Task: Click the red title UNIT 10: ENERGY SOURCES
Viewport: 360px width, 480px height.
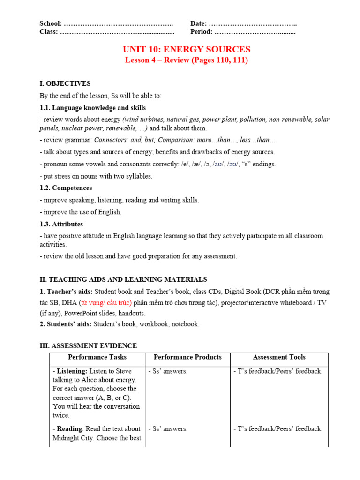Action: click(x=186, y=49)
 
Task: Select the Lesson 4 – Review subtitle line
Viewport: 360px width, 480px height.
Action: click(x=186, y=60)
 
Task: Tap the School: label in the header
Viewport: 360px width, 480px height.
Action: click(x=51, y=23)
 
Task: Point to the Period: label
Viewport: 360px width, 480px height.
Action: click(x=202, y=32)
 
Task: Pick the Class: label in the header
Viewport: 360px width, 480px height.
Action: click(x=49, y=32)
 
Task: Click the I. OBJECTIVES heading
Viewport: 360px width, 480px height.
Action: click(x=65, y=84)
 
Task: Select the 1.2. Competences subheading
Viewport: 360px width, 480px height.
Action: click(x=66, y=187)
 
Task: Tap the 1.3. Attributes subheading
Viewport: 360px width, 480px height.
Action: click(x=61, y=224)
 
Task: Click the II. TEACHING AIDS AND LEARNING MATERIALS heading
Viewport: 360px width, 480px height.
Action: click(x=123, y=279)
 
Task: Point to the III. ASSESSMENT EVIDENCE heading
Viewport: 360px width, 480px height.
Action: click(x=89, y=346)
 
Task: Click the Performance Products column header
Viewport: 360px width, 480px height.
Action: click(x=187, y=357)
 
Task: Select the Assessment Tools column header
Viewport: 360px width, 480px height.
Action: click(x=279, y=357)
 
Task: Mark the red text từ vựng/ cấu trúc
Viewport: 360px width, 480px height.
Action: click(x=106, y=303)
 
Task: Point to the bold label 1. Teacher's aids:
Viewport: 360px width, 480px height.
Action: click(x=66, y=292)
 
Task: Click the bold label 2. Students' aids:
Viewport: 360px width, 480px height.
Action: click(x=66, y=324)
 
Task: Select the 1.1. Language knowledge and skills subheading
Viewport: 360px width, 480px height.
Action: click(x=93, y=108)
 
